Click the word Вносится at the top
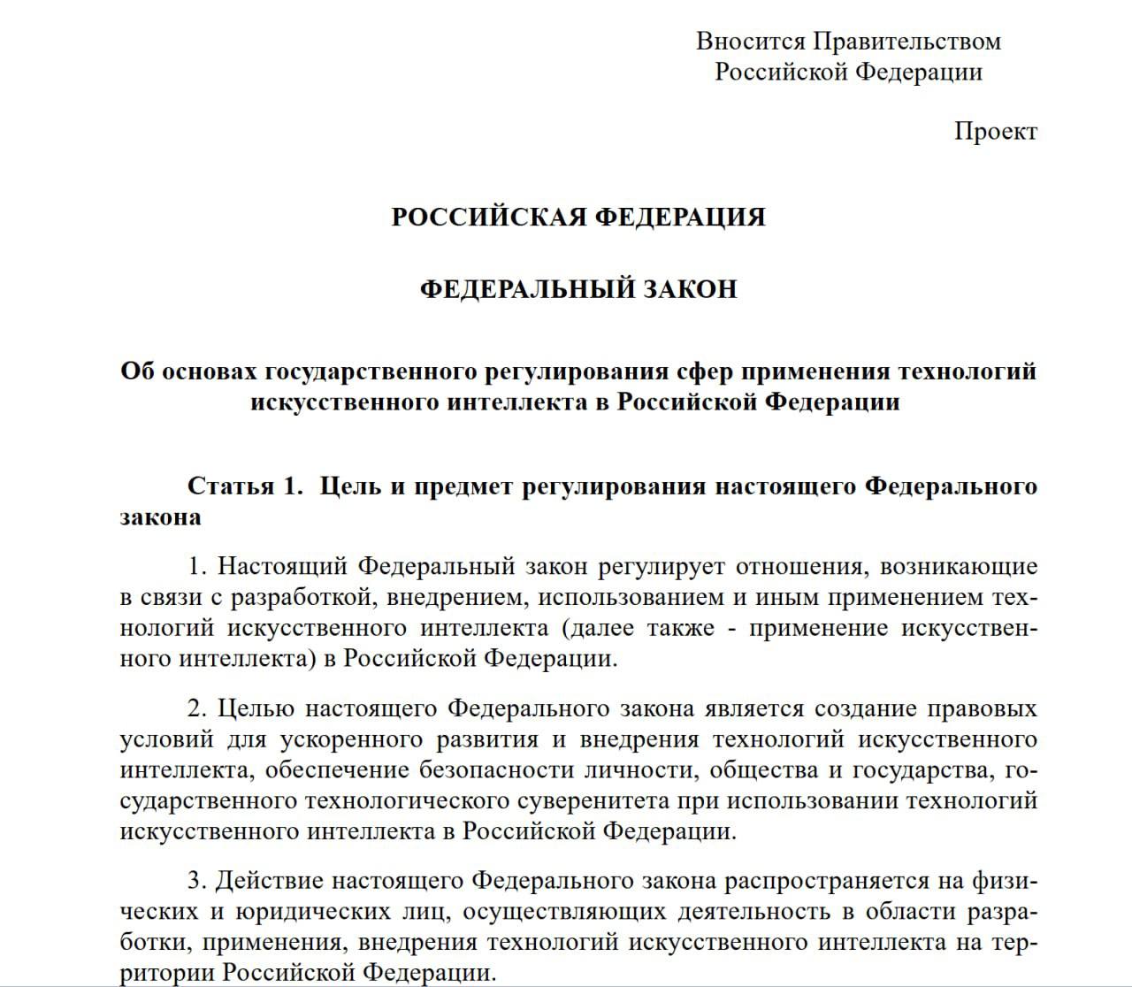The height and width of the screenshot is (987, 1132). point(750,41)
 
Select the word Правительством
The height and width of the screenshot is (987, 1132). point(906,41)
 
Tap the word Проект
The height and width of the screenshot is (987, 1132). point(995,132)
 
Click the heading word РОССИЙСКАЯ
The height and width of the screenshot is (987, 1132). point(486,217)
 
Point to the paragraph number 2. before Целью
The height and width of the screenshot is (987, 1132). point(196,708)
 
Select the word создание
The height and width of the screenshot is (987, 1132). point(864,708)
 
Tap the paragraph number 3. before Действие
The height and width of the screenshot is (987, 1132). point(196,881)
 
